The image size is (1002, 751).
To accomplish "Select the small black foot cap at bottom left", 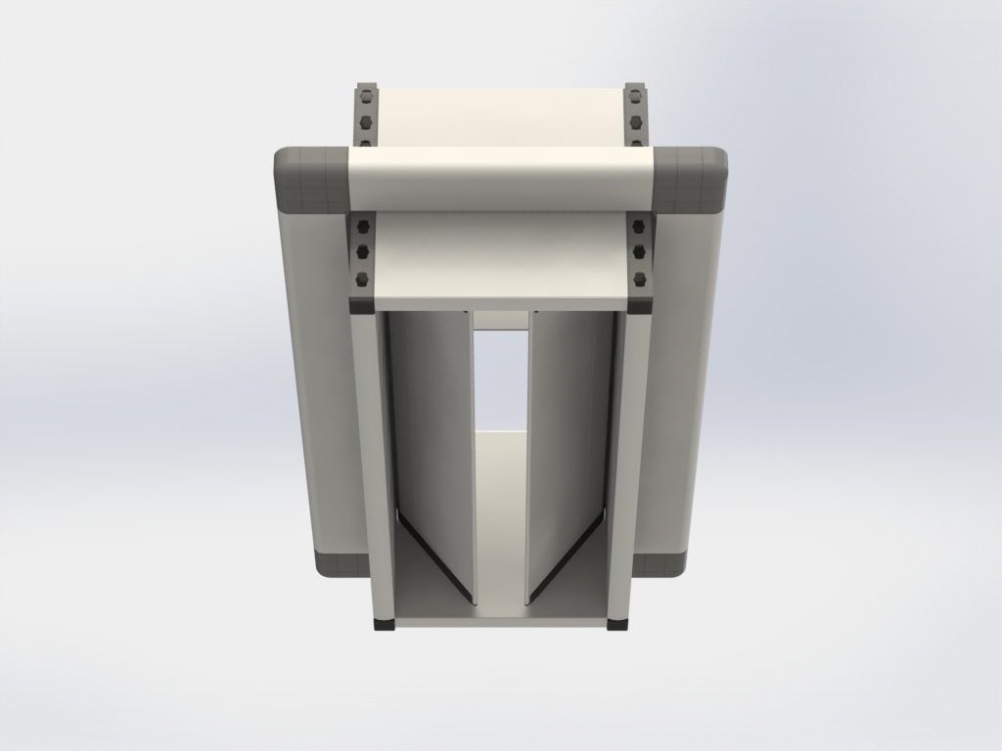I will [384, 624].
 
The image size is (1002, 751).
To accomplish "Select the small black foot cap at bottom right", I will [617, 624].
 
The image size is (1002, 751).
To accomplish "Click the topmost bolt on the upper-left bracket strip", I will [365, 98].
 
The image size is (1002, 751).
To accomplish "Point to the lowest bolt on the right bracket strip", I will [638, 280].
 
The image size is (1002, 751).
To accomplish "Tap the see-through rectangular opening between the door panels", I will [501, 381].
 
